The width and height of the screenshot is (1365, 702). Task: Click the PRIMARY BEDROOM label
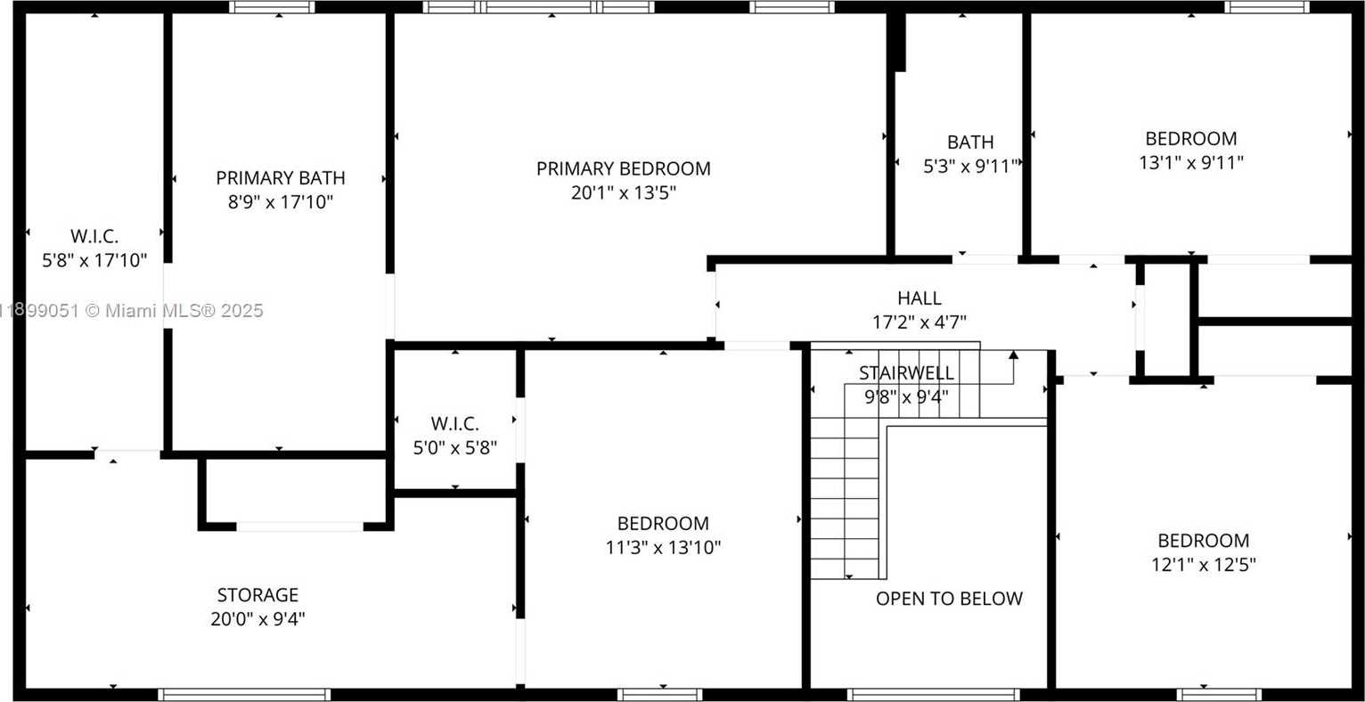[x=624, y=168]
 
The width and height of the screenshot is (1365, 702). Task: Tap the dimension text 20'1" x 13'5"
[x=624, y=193]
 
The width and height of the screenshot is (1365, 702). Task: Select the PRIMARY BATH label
[x=281, y=178]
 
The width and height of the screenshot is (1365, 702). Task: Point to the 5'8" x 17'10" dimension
[x=94, y=261]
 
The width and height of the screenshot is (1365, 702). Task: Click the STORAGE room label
[x=257, y=595]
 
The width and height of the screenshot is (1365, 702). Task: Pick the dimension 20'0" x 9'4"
[x=257, y=619]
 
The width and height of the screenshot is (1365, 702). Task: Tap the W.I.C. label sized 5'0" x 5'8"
[x=454, y=423]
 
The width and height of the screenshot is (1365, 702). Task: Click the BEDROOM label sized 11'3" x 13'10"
[x=663, y=524]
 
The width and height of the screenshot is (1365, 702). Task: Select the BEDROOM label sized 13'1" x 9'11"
[x=1191, y=139]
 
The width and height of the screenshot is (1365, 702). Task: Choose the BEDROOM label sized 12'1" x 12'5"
[x=1204, y=541]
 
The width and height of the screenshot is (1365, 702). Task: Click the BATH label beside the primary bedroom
[x=970, y=142]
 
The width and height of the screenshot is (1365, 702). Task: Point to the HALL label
[x=920, y=298]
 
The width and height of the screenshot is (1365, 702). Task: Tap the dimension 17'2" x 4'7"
[x=920, y=322]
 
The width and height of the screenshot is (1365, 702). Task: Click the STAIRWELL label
[x=907, y=373]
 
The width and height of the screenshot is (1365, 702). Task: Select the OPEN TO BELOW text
[x=950, y=599]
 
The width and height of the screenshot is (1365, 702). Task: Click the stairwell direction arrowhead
[x=1013, y=355]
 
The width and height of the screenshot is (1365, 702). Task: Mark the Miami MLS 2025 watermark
[x=131, y=311]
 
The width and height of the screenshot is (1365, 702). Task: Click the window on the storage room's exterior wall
[x=244, y=695]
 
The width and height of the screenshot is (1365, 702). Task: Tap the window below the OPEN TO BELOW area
[x=934, y=695]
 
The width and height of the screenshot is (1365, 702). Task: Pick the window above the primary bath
[x=273, y=7]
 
